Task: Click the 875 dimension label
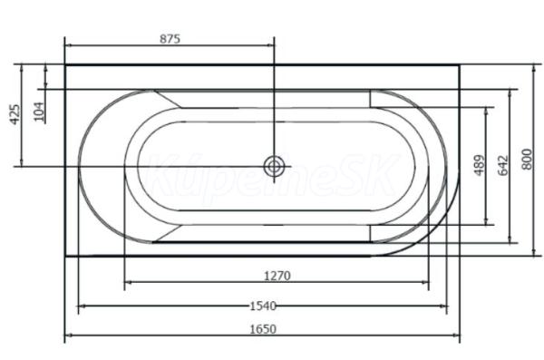click(170, 38)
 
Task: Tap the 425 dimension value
click(15, 114)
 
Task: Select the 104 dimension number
click(40, 112)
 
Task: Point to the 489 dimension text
click(479, 166)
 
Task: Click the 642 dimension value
click(503, 166)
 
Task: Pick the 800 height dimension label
click(527, 160)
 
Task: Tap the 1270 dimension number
click(277, 276)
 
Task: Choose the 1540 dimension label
click(263, 306)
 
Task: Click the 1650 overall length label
click(263, 329)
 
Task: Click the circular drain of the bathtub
click(274, 167)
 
